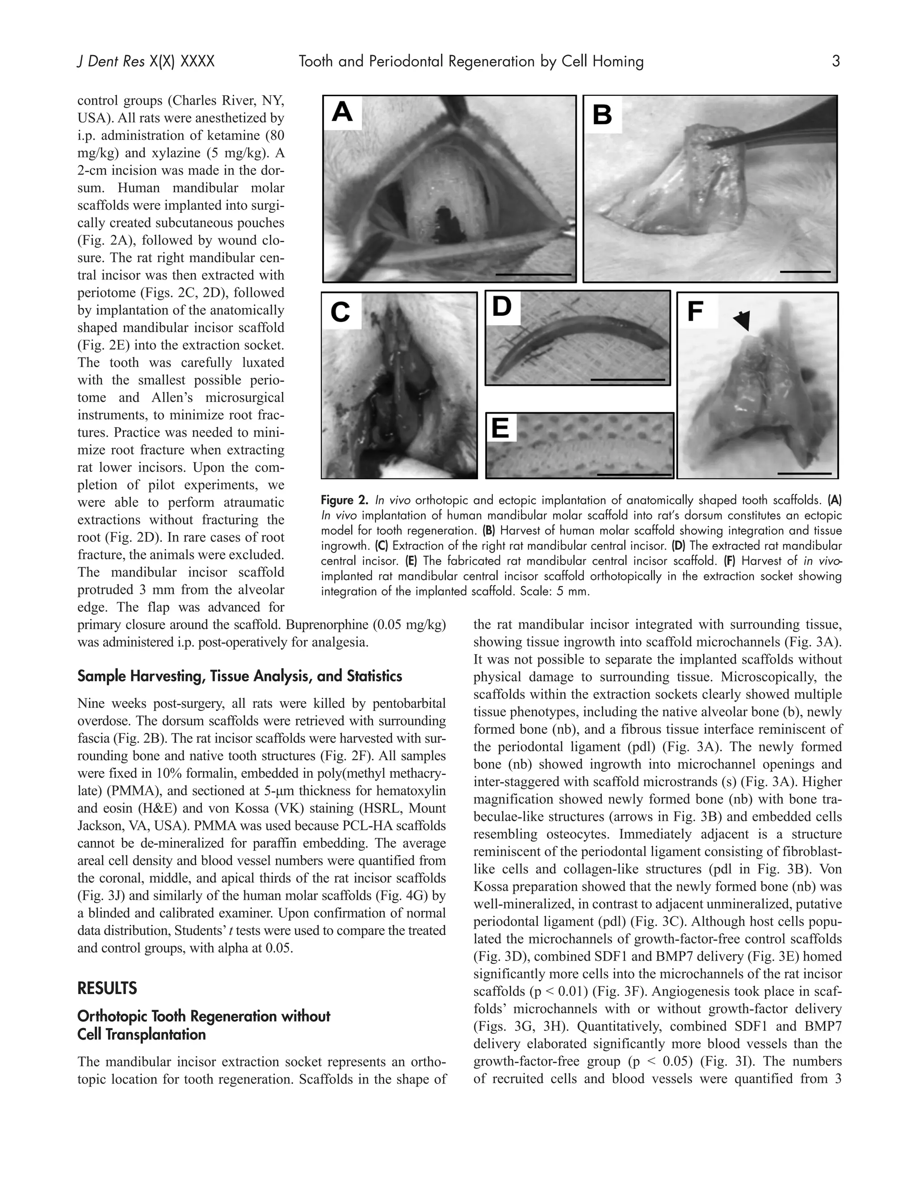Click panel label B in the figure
602,115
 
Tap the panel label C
340,312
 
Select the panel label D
502,306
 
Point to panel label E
500,428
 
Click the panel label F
696,312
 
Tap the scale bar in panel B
805,271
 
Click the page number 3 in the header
835,62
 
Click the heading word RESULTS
107,988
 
